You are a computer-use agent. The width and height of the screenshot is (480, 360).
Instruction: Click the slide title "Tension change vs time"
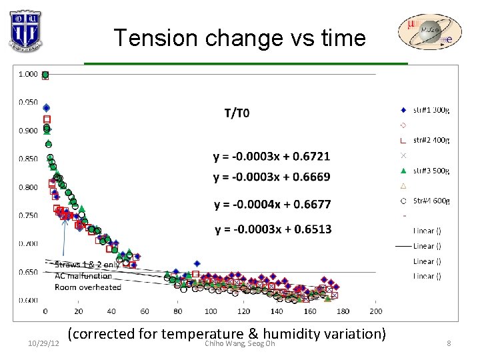pos(239,38)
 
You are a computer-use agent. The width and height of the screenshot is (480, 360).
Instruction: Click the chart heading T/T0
pos(237,113)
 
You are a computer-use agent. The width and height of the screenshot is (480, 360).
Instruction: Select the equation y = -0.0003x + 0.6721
pos(271,157)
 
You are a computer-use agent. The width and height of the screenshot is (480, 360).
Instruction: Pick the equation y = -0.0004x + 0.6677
pos(272,204)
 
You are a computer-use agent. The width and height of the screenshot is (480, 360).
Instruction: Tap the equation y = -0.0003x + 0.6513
pos(272,229)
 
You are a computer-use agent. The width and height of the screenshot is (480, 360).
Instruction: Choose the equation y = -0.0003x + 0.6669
pos(271,177)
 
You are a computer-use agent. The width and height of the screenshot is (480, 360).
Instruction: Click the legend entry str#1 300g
pos(431,110)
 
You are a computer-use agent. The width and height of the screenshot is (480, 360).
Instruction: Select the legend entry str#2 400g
pos(431,140)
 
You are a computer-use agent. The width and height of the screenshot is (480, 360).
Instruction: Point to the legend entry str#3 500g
pos(431,170)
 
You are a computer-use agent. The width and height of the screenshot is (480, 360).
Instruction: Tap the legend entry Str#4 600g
pos(431,200)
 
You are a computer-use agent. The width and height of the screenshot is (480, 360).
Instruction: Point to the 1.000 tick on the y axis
pos(28,74)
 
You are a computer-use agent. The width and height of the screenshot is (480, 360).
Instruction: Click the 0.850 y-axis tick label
pos(28,159)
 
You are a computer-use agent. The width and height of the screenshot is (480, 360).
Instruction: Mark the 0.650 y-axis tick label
pos(28,272)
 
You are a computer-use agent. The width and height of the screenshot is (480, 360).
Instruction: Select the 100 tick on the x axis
pos(211,311)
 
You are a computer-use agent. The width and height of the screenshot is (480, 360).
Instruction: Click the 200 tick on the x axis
pos(375,311)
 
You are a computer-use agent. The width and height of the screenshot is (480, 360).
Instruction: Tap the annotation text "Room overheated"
pos(88,287)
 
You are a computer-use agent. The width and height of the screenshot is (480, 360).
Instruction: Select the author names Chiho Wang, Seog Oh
pos(239,343)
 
